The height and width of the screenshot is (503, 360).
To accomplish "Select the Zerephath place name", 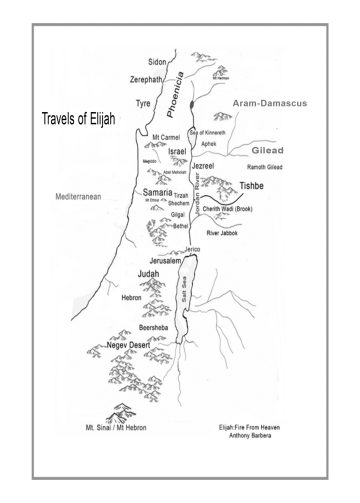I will pos(146,78).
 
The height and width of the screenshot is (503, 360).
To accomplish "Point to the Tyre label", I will pos(142,103).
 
